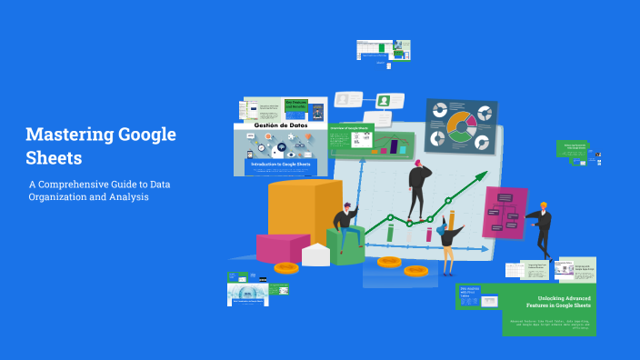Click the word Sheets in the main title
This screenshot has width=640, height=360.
point(54,157)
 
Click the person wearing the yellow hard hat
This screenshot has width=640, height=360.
point(543,228)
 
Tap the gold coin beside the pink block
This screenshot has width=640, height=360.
point(285,268)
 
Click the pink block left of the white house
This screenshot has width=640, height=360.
point(277,247)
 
